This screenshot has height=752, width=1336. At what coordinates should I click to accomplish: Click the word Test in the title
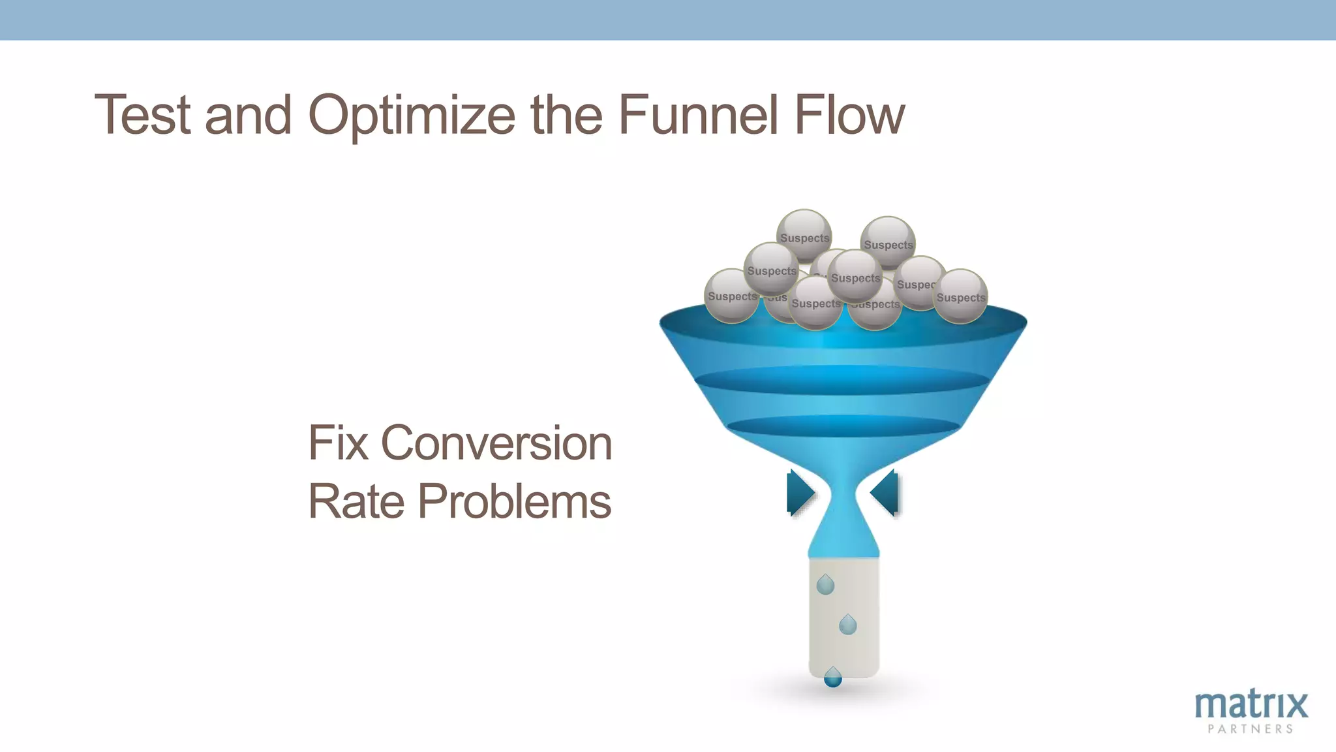click(x=143, y=115)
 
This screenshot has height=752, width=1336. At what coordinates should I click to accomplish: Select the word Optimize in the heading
click(x=412, y=116)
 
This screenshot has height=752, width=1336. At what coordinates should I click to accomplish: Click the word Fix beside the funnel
click(x=337, y=443)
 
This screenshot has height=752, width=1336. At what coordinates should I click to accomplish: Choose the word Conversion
click(x=496, y=443)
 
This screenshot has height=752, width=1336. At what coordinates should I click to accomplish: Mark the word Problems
click(x=514, y=501)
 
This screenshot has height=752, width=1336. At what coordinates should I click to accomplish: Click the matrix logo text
click(x=1251, y=704)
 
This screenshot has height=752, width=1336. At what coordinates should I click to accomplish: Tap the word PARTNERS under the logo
click(x=1251, y=729)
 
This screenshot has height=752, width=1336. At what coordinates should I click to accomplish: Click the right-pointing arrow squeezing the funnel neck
click(x=800, y=493)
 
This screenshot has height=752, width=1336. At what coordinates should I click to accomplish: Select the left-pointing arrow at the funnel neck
click(x=885, y=493)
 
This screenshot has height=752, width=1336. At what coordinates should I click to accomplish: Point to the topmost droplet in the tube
click(x=825, y=585)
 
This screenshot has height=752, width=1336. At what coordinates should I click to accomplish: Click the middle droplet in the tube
click(x=847, y=625)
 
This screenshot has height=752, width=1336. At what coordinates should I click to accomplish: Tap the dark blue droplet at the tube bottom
click(x=833, y=678)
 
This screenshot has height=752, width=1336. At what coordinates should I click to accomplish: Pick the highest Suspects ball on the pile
click(x=804, y=235)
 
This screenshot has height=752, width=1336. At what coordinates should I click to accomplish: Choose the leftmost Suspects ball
click(x=732, y=296)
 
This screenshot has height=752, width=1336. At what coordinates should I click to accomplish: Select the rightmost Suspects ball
click(x=960, y=296)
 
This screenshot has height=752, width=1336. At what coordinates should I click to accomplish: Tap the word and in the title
click(x=248, y=115)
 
